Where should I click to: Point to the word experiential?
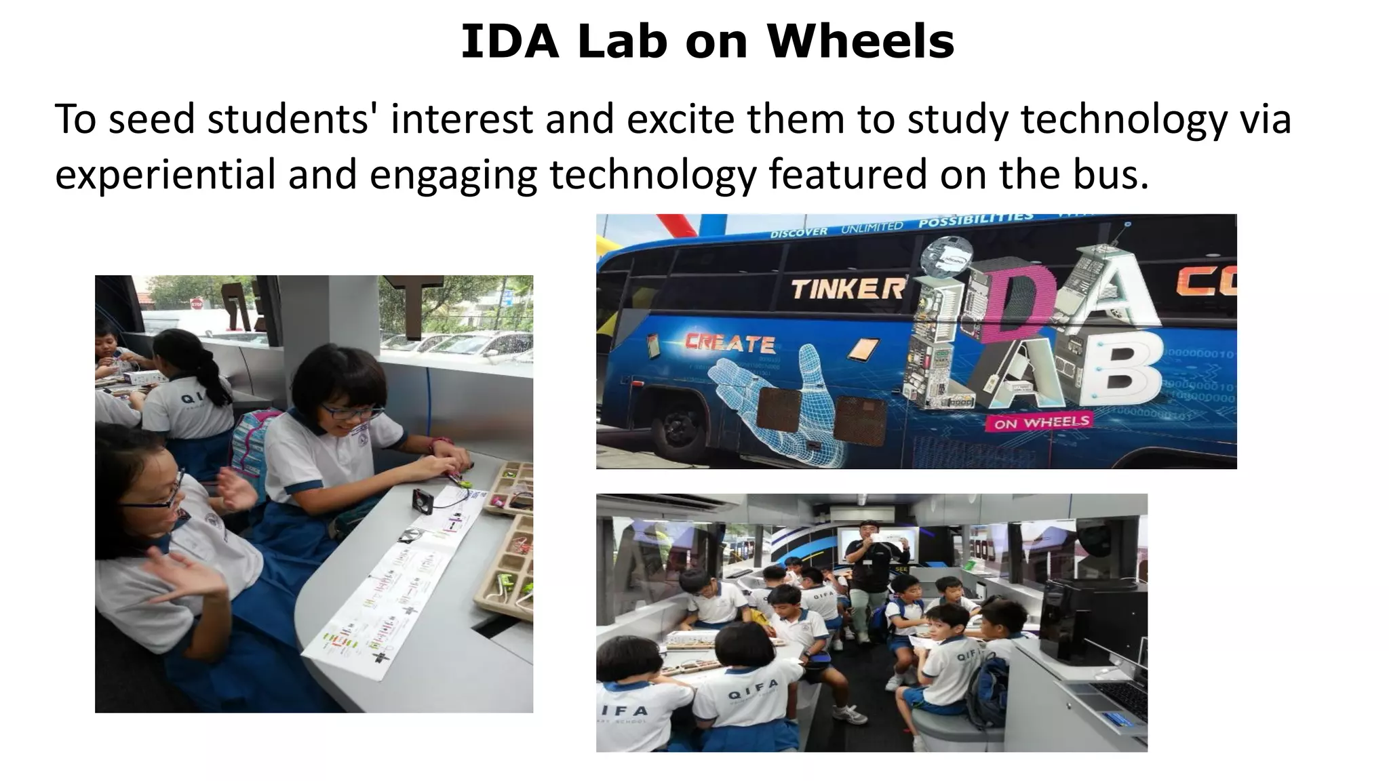coord(165,175)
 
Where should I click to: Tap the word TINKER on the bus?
coord(847,290)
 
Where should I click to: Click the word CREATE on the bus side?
coord(729,344)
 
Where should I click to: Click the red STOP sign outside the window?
coord(197,303)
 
